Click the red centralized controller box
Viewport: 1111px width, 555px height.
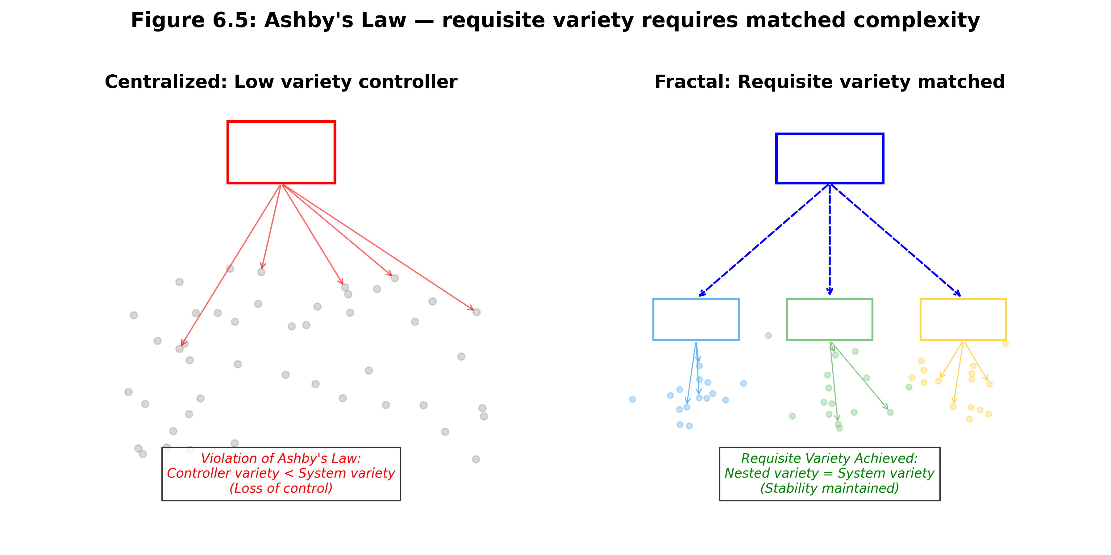[281, 153]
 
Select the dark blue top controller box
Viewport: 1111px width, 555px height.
[829, 158]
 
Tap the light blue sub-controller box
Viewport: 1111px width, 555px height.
[696, 319]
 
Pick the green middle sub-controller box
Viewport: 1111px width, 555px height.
[829, 319]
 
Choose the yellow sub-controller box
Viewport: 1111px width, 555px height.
[963, 319]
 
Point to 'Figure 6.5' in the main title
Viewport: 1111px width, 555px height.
[193, 20]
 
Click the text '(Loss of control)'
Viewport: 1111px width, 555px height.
[281, 488]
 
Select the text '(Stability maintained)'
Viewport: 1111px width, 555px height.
[829, 488]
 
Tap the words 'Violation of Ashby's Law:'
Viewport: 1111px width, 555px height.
[281, 458]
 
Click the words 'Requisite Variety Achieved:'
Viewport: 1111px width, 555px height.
[829, 458]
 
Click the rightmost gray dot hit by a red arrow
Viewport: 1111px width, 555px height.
[476, 312]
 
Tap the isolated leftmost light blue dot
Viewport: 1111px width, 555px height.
[632, 399]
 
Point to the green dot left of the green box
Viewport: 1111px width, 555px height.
[768, 336]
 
